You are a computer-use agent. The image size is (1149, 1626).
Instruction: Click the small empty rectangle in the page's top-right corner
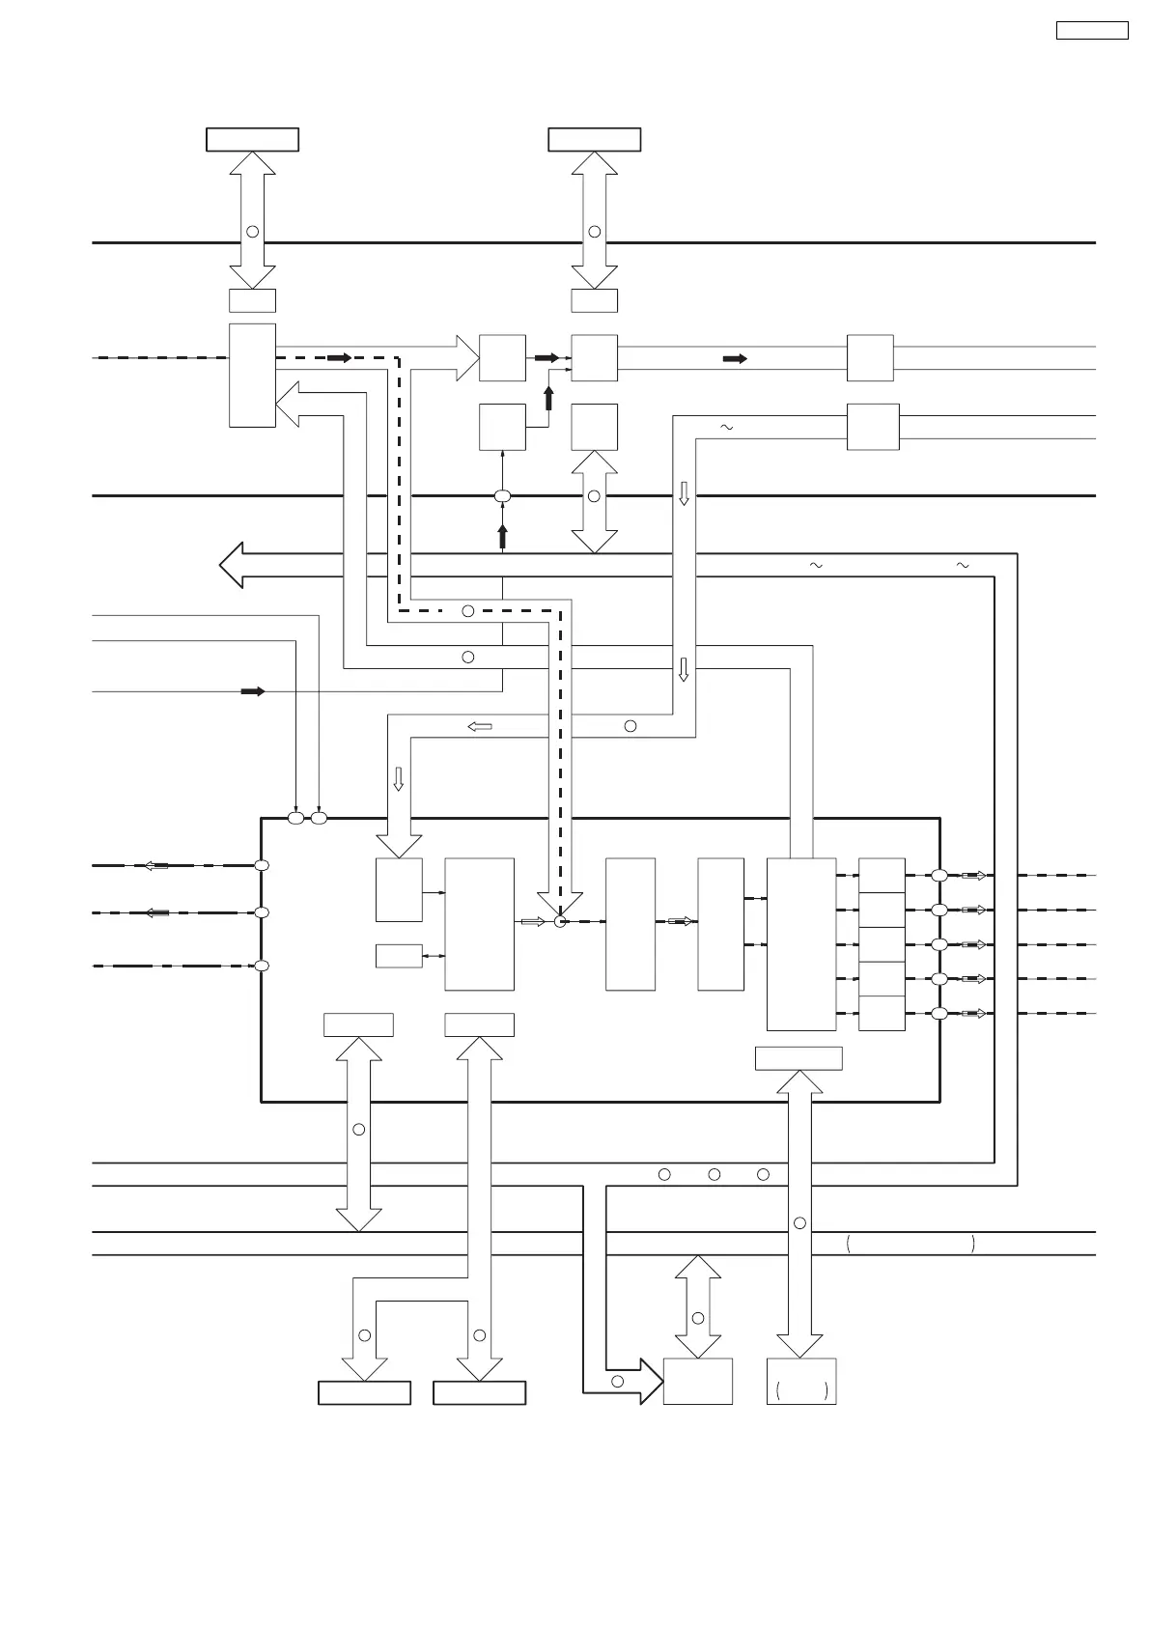pyautogui.click(x=1091, y=30)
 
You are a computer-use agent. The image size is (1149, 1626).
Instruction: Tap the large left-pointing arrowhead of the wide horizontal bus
pyautogui.click(x=231, y=565)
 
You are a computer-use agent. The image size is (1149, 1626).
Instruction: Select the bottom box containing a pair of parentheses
pyautogui.click(x=801, y=1381)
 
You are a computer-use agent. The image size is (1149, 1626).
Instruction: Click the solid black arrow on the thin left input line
pyautogui.click(x=252, y=691)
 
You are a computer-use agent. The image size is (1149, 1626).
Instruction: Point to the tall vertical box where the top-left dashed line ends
pyautogui.click(x=252, y=375)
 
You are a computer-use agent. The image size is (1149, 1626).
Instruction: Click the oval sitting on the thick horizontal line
pyautogui.click(x=502, y=496)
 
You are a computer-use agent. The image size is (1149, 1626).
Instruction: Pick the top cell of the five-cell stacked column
pyautogui.click(x=882, y=875)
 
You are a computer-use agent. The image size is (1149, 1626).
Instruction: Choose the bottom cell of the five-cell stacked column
pyautogui.click(x=882, y=1014)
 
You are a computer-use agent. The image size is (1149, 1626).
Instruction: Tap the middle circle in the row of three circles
pyautogui.click(x=715, y=1174)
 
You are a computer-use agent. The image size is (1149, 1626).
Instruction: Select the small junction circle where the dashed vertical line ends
pyautogui.click(x=559, y=922)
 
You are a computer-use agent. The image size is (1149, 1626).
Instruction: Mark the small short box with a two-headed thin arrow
pyautogui.click(x=399, y=956)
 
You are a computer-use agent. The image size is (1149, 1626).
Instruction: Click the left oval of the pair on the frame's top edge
pyautogui.click(x=296, y=819)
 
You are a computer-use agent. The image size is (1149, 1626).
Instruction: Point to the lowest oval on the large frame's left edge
pyautogui.click(x=261, y=966)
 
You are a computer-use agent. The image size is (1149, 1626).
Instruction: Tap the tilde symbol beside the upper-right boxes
pyautogui.click(x=726, y=427)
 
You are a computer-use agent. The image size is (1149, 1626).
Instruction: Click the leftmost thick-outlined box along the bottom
pyautogui.click(x=364, y=1392)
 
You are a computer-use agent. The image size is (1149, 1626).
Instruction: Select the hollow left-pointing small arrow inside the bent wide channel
pyautogui.click(x=480, y=726)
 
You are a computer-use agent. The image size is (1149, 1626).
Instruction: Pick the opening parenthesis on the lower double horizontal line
pyautogui.click(x=848, y=1244)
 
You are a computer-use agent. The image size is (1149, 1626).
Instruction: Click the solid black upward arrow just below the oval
pyautogui.click(x=502, y=537)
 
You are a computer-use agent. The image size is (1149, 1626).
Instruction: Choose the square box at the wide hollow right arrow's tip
pyautogui.click(x=502, y=358)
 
